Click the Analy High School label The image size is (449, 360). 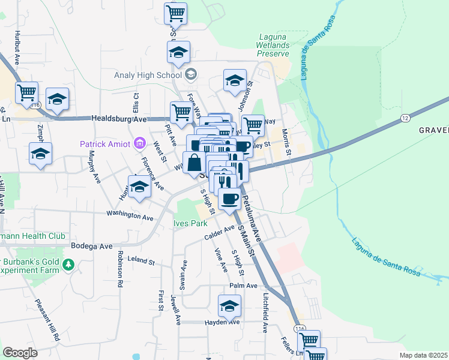coord(148,75)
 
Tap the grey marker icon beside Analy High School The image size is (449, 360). coord(191,74)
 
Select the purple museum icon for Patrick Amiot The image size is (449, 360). coord(139,143)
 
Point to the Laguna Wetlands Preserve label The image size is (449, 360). coord(274,45)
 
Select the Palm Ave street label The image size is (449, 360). coord(243,286)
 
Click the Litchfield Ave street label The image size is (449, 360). coord(264,313)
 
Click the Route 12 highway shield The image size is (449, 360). coord(405,118)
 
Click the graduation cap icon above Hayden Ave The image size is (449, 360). coord(229,307)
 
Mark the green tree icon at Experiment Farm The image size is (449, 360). coord(70,264)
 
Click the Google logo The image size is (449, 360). coord(20,353)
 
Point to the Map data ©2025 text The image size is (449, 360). coord(423,355)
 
